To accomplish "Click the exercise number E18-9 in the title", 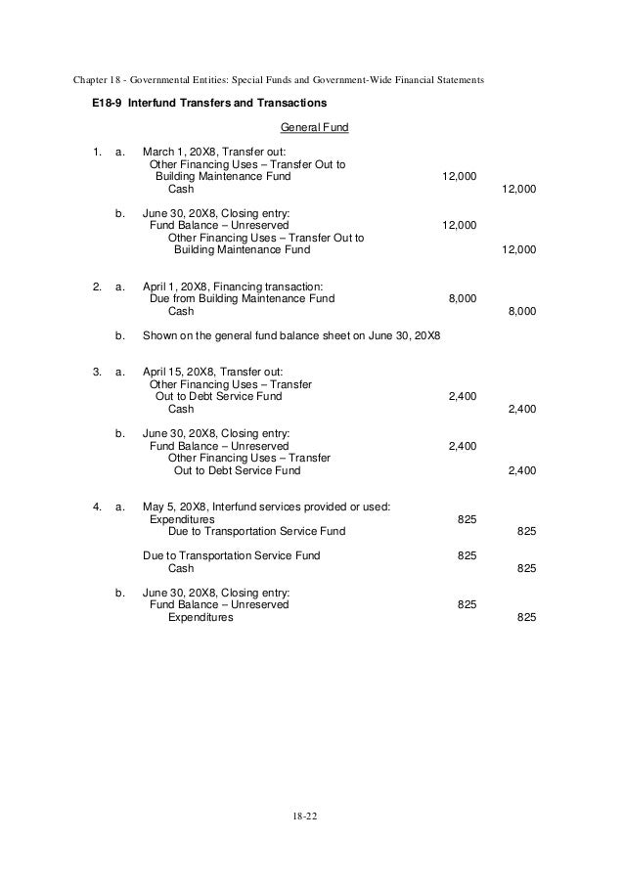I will click(x=98, y=103).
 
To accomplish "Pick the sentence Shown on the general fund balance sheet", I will click(x=291, y=335).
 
